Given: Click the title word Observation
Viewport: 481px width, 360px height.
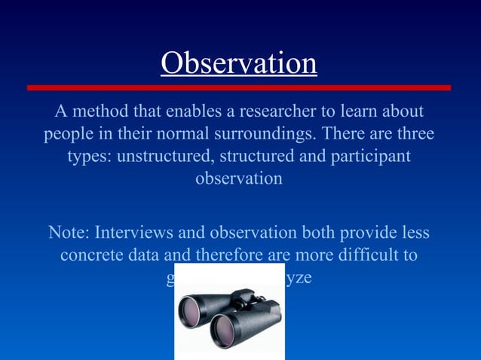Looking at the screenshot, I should tap(238, 63).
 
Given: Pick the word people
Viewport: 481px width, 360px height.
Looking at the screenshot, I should tap(69, 135).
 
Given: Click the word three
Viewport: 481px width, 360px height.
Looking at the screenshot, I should tap(411, 135).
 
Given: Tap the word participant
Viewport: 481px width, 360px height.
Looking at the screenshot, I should tap(369, 157).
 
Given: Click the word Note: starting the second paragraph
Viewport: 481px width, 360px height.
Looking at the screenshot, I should tap(69, 232).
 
